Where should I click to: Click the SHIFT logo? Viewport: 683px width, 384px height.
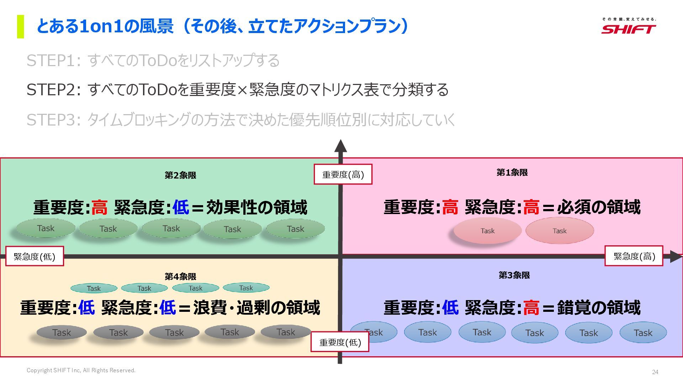click(x=629, y=26)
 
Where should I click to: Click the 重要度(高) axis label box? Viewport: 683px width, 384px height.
click(x=343, y=175)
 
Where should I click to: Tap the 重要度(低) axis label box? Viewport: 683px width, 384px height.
click(x=340, y=342)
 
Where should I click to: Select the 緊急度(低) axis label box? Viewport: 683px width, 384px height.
click(x=35, y=256)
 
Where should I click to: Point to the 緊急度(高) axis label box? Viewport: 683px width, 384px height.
click(x=634, y=256)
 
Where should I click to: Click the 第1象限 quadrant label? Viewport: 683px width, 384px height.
click(x=512, y=173)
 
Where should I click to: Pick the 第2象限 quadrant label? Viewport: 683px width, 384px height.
click(x=180, y=175)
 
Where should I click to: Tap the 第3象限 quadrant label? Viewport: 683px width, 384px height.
click(x=514, y=275)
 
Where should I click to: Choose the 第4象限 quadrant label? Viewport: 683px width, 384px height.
click(x=180, y=277)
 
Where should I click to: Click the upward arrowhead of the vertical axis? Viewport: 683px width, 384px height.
click(x=340, y=146)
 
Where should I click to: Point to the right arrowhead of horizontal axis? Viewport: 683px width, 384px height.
click(x=676, y=256)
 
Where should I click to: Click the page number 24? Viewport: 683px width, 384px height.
click(x=655, y=372)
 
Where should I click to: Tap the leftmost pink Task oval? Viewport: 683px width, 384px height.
click(x=487, y=231)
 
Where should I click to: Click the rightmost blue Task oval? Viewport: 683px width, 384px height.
click(x=643, y=333)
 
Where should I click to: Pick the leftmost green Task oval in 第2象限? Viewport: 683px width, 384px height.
click(x=46, y=229)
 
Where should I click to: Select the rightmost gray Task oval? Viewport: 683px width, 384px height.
click(x=286, y=332)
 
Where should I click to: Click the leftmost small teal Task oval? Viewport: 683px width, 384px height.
click(x=94, y=288)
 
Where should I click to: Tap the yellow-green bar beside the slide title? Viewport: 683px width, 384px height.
click(x=21, y=26)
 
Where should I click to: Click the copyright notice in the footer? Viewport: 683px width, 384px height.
click(x=81, y=370)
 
